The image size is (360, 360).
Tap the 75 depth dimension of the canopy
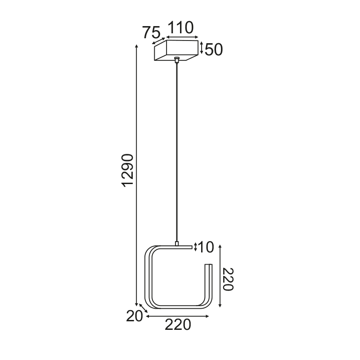point(151,32)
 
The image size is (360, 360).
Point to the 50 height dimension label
point(214,49)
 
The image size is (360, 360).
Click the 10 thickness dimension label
point(206,247)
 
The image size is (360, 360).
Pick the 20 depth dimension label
point(134,317)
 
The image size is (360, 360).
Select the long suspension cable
point(177,153)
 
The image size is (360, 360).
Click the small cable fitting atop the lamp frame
point(177,243)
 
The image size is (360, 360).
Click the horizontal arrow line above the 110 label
point(182,36)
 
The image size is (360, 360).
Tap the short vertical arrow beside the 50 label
point(202,48)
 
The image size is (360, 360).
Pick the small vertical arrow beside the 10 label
point(195,246)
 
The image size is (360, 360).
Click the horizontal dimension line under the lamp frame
point(178,317)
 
